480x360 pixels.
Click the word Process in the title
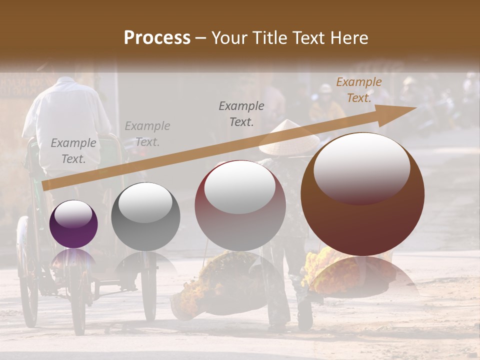pos(157,38)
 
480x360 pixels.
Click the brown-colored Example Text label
pos(358,90)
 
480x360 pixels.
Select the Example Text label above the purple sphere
pos(73,151)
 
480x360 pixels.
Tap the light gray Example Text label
pos(147,134)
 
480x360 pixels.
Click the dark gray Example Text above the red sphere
pos(241,113)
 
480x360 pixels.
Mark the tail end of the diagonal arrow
pos(45,185)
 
